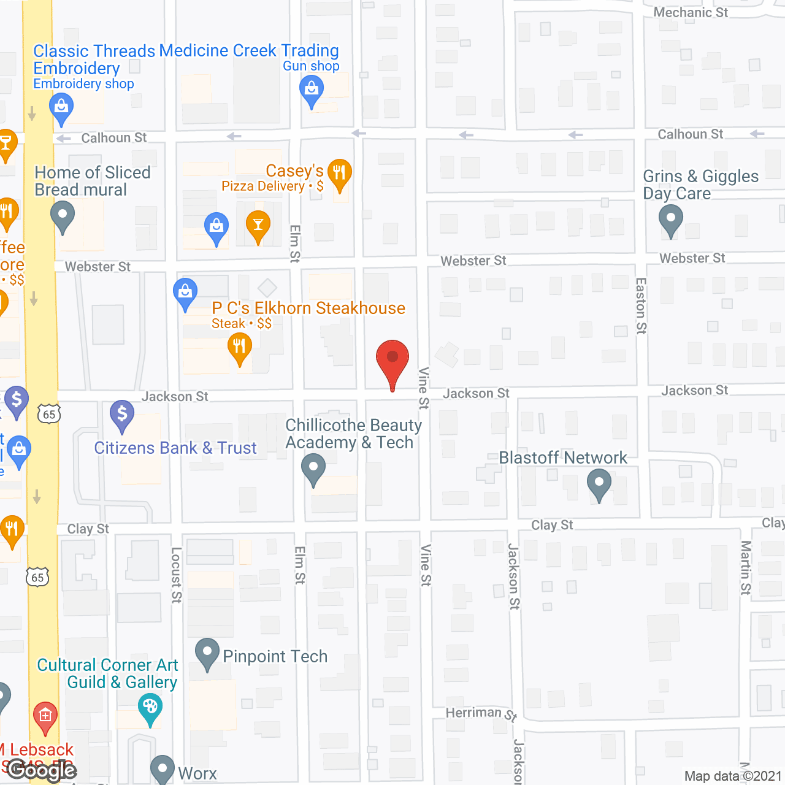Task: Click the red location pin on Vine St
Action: point(392,359)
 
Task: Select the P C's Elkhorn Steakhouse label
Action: point(308,308)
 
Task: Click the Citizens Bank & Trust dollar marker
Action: point(122,415)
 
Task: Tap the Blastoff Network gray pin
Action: point(599,484)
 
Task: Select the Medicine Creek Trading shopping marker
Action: point(312,91)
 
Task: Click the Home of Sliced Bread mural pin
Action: point(63,216)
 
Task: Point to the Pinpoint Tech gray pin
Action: point(207,653)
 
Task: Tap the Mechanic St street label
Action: point(691,12)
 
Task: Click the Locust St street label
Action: point(176,575)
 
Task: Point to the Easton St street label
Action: point(641,305)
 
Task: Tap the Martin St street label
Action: point(746,567)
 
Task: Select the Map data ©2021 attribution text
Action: point(733,776)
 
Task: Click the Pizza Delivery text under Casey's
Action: point(263,186)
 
